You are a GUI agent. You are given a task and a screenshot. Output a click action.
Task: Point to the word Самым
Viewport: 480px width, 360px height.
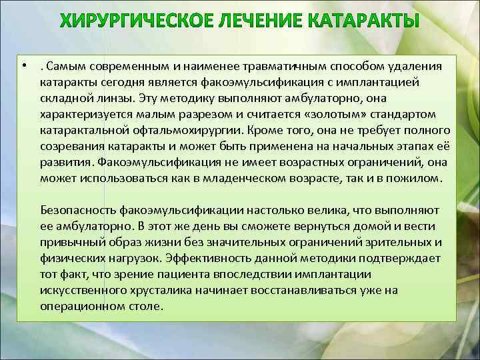point(64,67)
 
